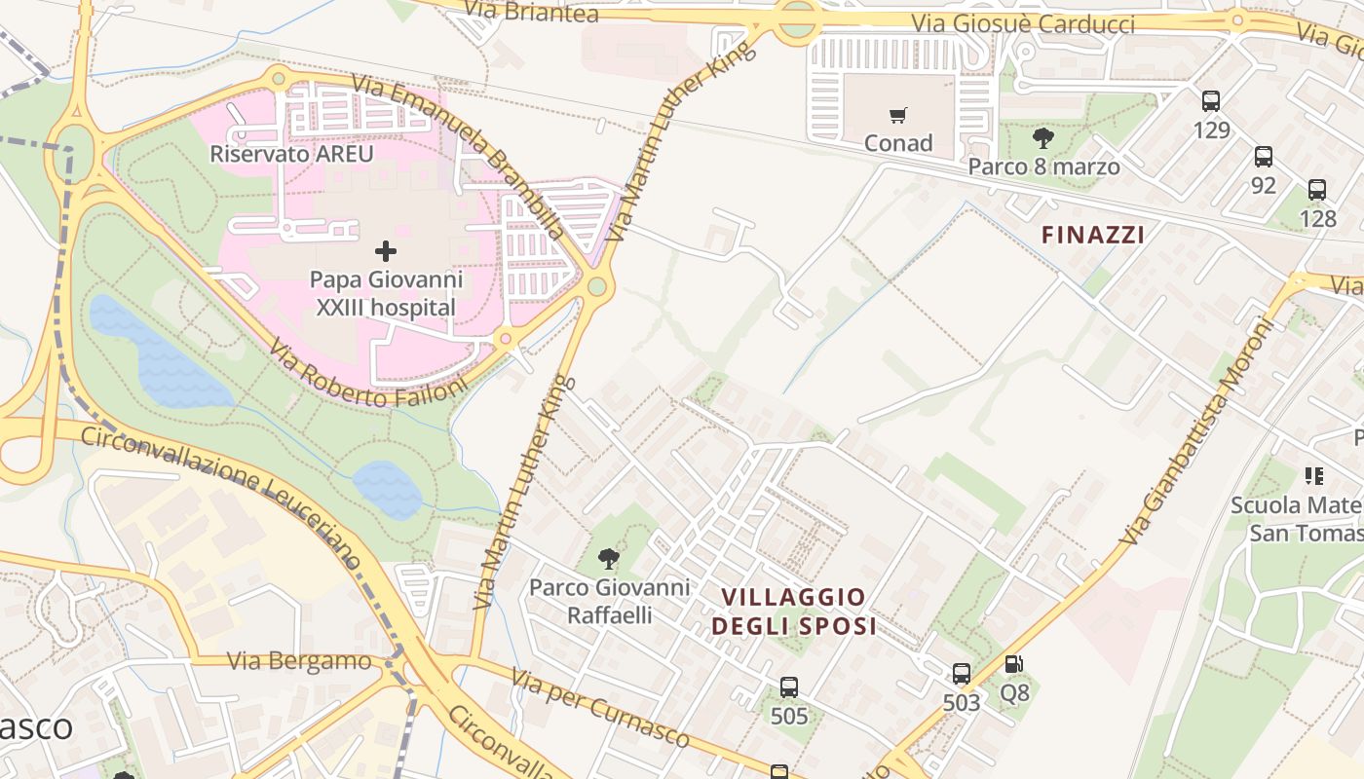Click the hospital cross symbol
[x=386, y=251]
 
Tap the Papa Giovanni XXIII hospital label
[x=386, y=293]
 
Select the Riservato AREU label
[x=291, y=154]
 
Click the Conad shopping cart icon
[x=898, y=115]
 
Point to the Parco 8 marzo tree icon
[x=1043, y=137]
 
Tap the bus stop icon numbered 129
[x=1211, y=100]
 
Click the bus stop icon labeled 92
[x=1264, y=156]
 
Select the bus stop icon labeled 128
[x=1317, y=190]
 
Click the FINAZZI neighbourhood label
[x=1092, y=235]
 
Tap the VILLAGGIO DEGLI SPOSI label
[x=793, y=611]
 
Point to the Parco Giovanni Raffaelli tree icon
[x=609, y=559]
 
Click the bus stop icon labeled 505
[x=789, y=687]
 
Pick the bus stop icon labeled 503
[x=962, y=673]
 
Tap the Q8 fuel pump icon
[x=1014, y=664]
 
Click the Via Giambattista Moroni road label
[x=1198, y=431]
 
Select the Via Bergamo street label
[x=299, y=661]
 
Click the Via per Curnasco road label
[x=599, y=708]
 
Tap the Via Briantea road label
[x=531, y=12]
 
